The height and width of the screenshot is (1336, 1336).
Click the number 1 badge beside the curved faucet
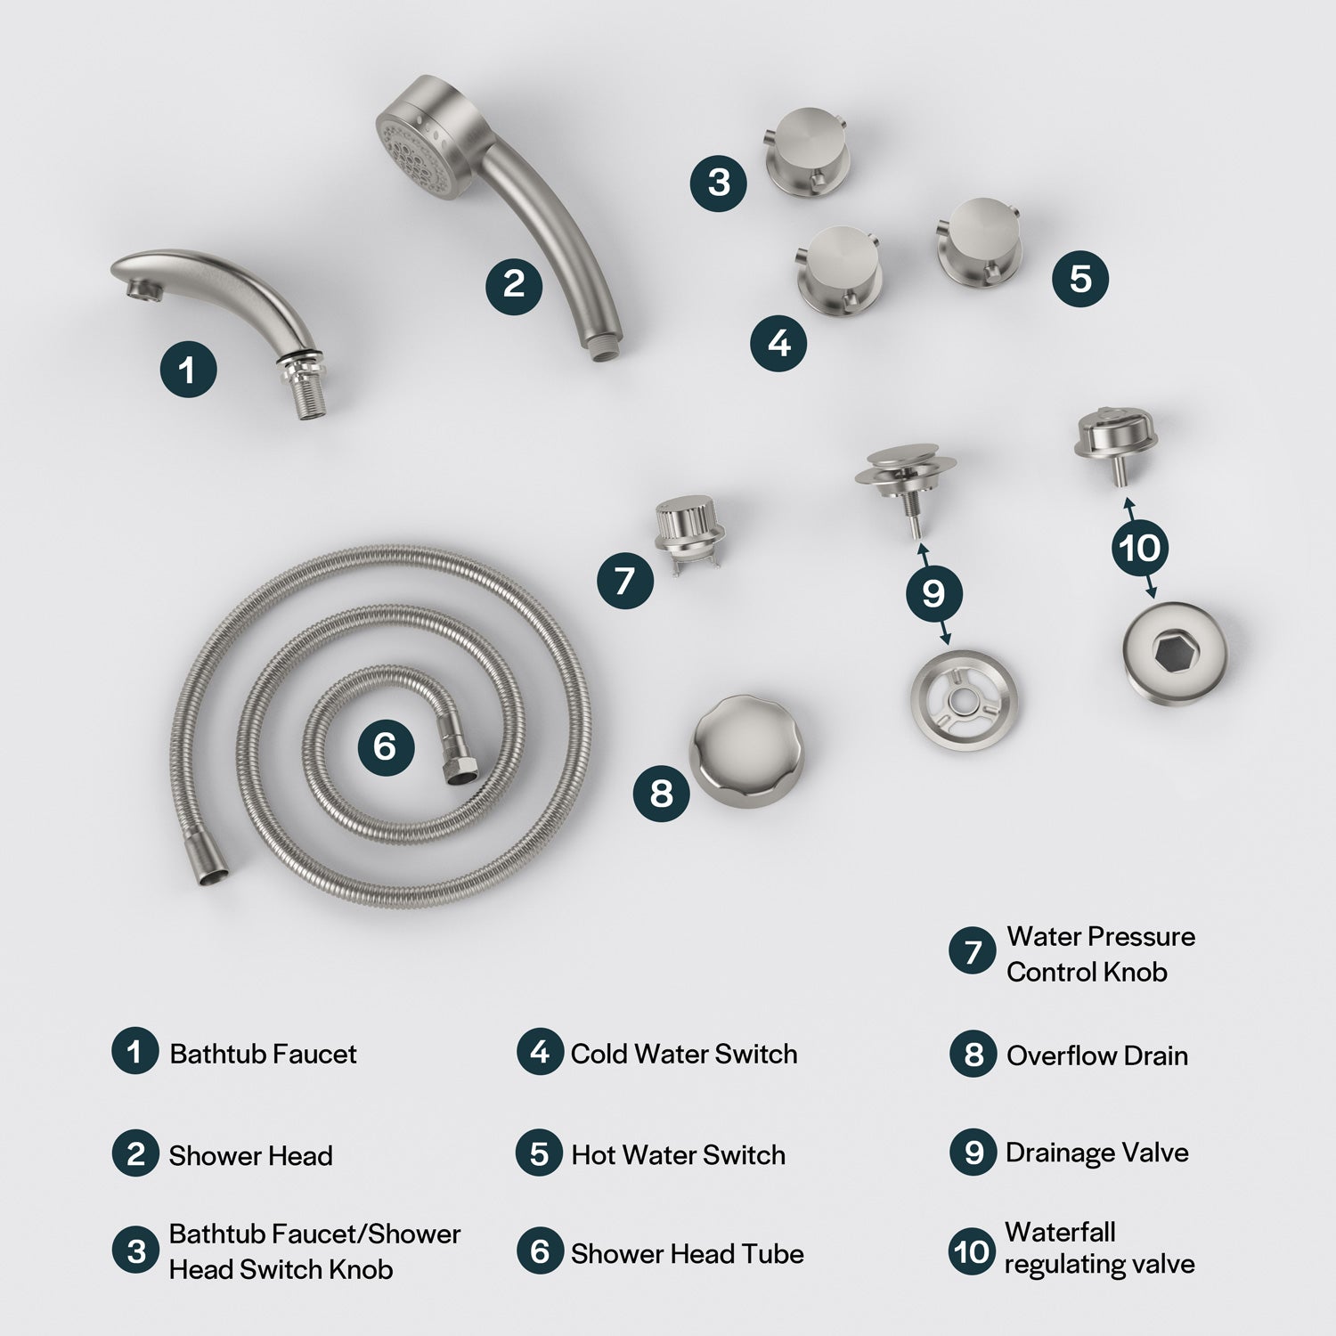click(188, 369)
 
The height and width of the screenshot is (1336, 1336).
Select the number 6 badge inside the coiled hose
click(386, 745)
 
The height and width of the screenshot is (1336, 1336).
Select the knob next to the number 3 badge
click(808, 150)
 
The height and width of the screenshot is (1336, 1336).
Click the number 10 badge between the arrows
click(1140, 548)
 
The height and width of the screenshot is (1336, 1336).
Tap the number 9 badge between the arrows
click(933, 593)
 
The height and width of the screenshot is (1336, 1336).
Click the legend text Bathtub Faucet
click(263, 1055)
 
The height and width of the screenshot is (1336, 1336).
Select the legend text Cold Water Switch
click(684, 1054)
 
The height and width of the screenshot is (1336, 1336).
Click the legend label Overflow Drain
click(1097, 1055)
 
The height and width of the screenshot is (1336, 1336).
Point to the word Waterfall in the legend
click(1060, 1232)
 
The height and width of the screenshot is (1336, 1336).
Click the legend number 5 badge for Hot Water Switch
click(539, 1153)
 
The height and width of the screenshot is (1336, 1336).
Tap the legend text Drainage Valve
click(1097, 1153)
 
